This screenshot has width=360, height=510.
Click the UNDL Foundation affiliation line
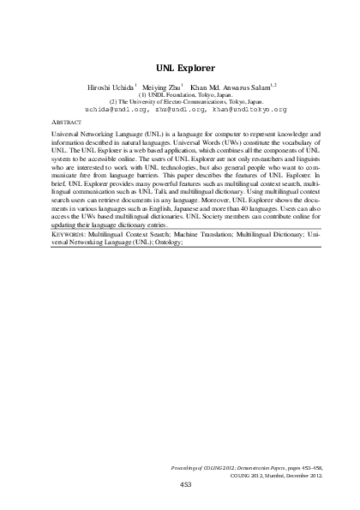point(179,94)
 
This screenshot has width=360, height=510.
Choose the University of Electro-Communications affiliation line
point(179,102)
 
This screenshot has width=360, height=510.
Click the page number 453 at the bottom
point(184,484)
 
